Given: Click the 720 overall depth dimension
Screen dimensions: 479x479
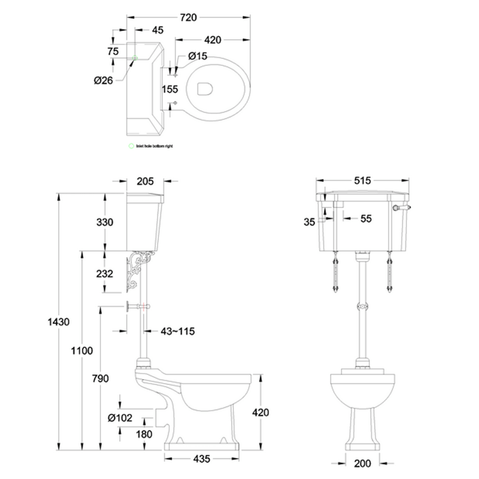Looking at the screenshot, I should pyautogui.click(x=189, y=18).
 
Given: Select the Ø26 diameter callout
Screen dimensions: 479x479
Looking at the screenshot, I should pyautogui.click(x=103, y=80).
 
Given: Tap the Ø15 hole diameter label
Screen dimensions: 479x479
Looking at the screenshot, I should pyautogui.click(x=198, y=56).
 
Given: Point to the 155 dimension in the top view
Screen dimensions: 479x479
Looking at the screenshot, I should pyautogui.click(x=170, y=89).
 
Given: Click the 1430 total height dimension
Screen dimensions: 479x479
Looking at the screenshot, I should pyautogui.click(x=59, y=322).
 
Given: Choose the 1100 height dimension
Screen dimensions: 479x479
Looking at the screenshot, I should pyautogui.click(x=82, y=350).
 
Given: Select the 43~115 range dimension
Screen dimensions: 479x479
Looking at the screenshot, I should pyautogui.click(x=177, y=332).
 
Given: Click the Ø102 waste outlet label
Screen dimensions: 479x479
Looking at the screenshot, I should pyautogui.click(x=120, y=418).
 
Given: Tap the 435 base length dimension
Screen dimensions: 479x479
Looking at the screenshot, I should pyautogui.click(x=202, y=459).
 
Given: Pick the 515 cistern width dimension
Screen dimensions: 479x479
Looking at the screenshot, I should pyautogui.click(x=362, y=181).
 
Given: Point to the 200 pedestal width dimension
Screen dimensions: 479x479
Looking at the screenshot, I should pyautogui.click(x=362, y=463).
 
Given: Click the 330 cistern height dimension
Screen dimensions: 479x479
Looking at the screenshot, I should pyautogui.click(x=104, y=222).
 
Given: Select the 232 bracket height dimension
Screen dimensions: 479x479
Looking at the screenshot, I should pyautogui.click(x=104, y=273).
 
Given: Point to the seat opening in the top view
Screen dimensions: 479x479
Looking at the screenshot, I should pyautogui.click(x=204, y=89).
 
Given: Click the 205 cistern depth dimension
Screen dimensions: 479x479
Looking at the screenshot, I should pyautogui.click(x=145, y=181).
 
